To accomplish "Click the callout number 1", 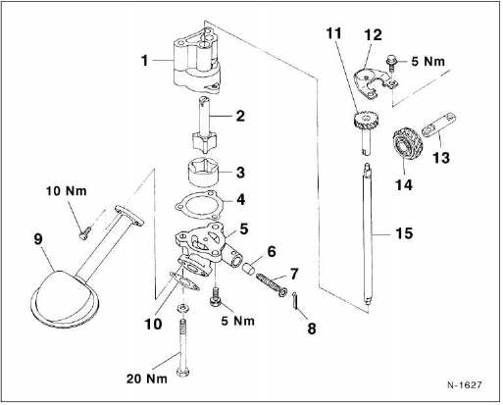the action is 145,61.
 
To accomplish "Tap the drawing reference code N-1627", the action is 465,384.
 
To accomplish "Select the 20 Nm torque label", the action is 147,379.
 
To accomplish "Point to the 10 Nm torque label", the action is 67,191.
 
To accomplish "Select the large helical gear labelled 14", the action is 407,146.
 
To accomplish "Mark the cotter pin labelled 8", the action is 295,300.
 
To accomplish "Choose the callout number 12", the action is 373,35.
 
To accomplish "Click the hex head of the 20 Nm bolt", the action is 183,373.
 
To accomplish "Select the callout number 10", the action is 153,325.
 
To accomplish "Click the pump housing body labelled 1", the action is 196,61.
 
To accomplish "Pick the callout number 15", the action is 404,233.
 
